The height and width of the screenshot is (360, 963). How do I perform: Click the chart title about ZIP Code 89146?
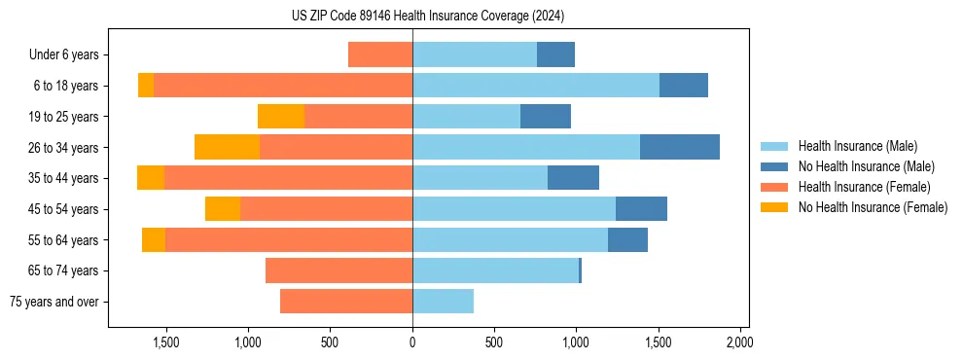tap(428, 16)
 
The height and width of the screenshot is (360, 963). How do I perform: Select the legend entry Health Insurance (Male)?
tap(857, 147)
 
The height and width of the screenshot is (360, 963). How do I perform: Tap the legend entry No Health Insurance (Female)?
tap(872, 207)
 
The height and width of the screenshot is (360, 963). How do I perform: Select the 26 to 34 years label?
tap(64, 148)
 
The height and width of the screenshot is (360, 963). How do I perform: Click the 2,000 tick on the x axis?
tap(739, 342)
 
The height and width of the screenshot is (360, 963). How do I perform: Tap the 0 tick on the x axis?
tap(412, 342)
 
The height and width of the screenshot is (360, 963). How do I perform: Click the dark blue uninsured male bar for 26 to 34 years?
tap(679, 147)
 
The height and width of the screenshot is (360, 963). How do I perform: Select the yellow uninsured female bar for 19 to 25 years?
tap(281, 117)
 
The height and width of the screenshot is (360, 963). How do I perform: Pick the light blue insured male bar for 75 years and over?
tap(443, 302)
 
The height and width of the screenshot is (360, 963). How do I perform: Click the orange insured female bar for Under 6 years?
tap(380, 55)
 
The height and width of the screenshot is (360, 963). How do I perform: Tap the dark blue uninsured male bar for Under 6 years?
tap(555, 55)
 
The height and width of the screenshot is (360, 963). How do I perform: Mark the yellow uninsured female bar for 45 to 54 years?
tap(223, 209)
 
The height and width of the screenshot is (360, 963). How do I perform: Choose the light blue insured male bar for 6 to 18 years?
tap(536, 86)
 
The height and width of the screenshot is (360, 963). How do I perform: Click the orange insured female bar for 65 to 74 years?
tap(339, 270)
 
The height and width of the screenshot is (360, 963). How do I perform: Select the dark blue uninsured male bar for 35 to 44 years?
tap(573, 178)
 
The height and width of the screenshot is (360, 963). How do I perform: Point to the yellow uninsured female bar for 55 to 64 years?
tap(154, 239)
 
